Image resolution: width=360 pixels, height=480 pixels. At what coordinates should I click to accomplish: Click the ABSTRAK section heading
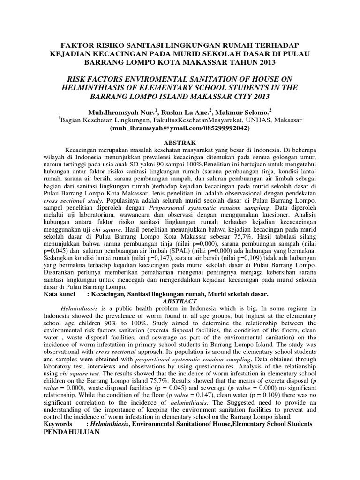(180, 142)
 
